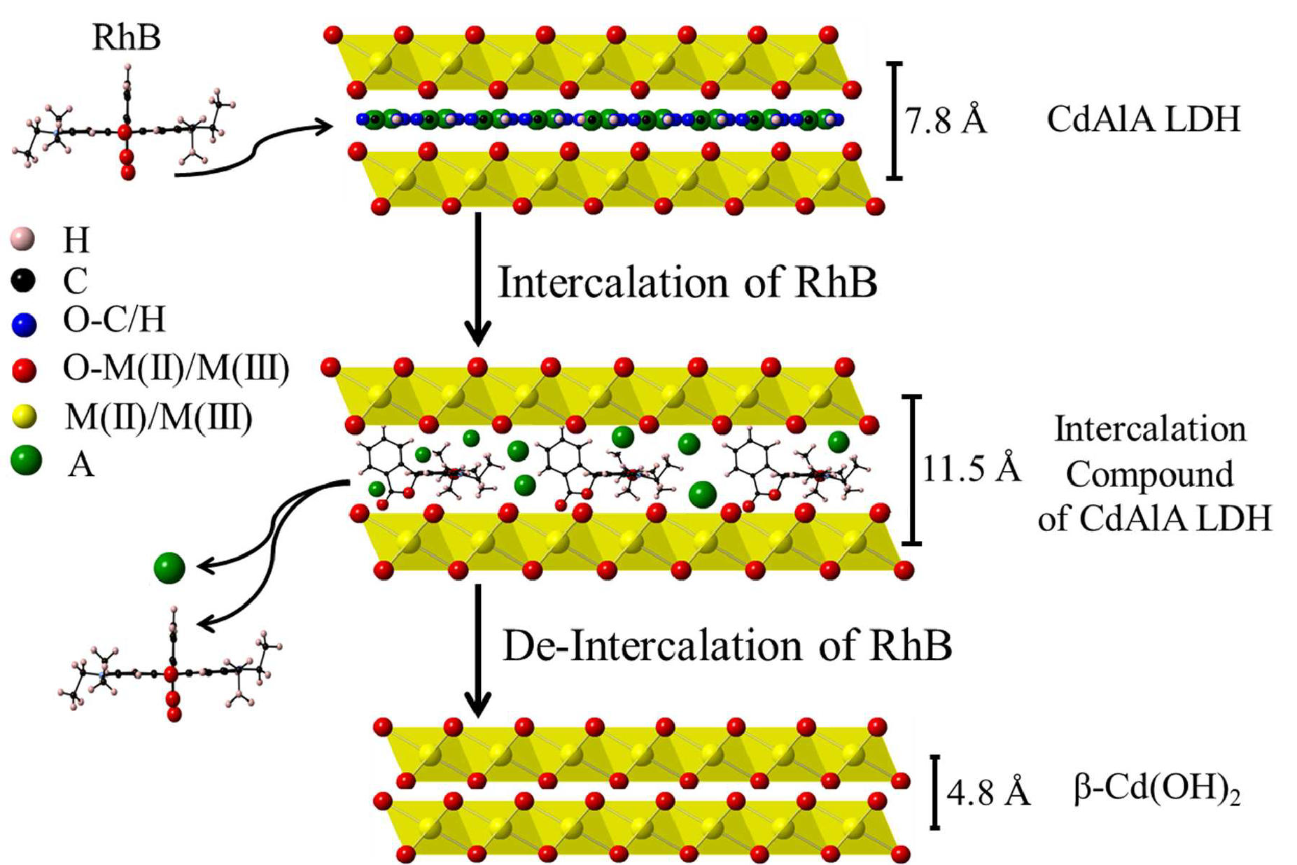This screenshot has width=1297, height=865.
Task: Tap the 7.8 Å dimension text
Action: (946, 121)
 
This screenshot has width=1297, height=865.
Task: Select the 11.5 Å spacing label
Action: (971, 469)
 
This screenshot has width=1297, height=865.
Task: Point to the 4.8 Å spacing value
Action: (988, 793)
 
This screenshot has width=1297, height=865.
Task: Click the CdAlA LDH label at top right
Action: (1143, 119)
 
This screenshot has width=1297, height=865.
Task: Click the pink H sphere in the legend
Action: (23, 239)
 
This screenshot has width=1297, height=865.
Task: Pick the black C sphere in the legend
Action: (23, 280)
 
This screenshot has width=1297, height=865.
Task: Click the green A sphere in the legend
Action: (27, 461)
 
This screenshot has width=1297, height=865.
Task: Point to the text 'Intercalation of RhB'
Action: (687, 283)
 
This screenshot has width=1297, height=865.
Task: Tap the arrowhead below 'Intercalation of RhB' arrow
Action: (478, 334)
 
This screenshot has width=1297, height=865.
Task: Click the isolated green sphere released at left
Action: (169, 568)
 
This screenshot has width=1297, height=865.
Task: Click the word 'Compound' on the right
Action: (1149, 474)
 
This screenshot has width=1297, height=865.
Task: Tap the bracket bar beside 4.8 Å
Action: (935, 792)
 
